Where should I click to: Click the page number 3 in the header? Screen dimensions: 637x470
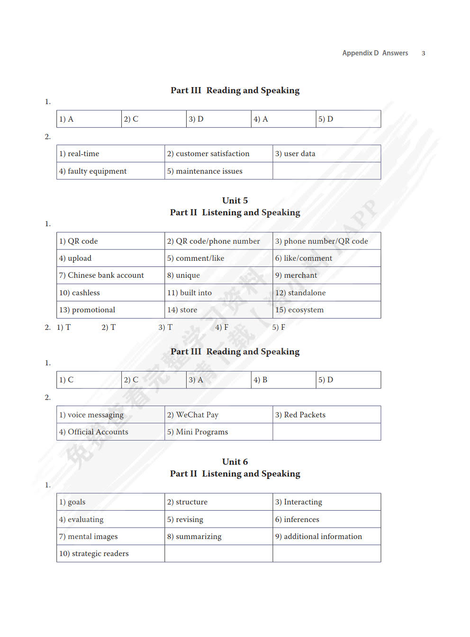pos(423,53)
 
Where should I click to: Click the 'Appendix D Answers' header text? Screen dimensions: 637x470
pos(375,53)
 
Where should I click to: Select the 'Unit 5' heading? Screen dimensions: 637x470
pos(235,201)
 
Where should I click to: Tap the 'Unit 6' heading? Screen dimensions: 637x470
pos(235,462)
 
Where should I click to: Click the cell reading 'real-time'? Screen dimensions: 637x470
pos(110,154)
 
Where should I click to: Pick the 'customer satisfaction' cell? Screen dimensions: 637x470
pos(218,154)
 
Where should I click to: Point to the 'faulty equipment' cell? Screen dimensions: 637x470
pos(110,171)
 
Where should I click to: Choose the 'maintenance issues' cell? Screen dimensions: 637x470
pos(218,171)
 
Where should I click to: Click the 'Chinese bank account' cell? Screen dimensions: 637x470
pos(110,275)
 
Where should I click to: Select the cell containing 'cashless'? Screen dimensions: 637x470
pos(110,293)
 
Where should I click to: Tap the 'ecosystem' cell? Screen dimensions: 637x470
pos(326,310)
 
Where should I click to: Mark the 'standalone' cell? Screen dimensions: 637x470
pos(326,293)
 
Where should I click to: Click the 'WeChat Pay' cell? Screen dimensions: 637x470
pos(218,415)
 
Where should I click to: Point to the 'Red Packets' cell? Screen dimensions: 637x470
pos(326,415)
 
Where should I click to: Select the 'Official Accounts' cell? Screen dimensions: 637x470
pos(110,432)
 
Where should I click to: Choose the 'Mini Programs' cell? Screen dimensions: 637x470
pos(218,432)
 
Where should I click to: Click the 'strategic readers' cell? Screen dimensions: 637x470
pos(110,554)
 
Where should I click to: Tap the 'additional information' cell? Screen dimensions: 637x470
pos(326,537)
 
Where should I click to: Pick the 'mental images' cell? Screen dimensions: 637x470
pos(110,537)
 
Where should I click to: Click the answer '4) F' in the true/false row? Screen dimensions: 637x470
pos(222,327)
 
